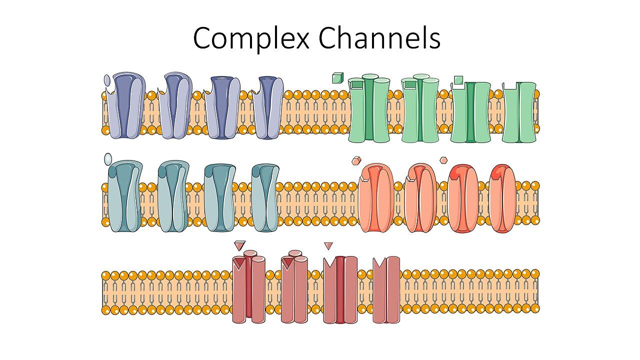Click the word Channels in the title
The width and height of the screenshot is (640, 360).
379,37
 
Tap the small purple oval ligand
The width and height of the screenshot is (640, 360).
107,80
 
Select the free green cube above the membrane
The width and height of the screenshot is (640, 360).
337,77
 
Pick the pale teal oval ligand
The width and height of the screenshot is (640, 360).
108,159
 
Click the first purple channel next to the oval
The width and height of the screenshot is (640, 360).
125,105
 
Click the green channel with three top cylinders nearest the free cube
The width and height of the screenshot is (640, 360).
369,108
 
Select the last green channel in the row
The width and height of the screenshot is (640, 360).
519,112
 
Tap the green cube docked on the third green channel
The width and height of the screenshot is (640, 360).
458,80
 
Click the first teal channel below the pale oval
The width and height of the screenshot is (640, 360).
125,196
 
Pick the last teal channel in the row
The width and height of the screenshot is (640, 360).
265,197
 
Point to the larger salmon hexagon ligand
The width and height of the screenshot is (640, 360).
356,160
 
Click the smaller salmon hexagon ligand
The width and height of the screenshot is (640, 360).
443,160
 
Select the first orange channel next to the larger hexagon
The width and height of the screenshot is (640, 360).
376,198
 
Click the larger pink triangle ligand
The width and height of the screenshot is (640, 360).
239,245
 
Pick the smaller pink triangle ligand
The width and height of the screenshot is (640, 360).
328,245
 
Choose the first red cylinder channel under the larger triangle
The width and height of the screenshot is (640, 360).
249,287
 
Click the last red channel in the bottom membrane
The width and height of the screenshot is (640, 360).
386,289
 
